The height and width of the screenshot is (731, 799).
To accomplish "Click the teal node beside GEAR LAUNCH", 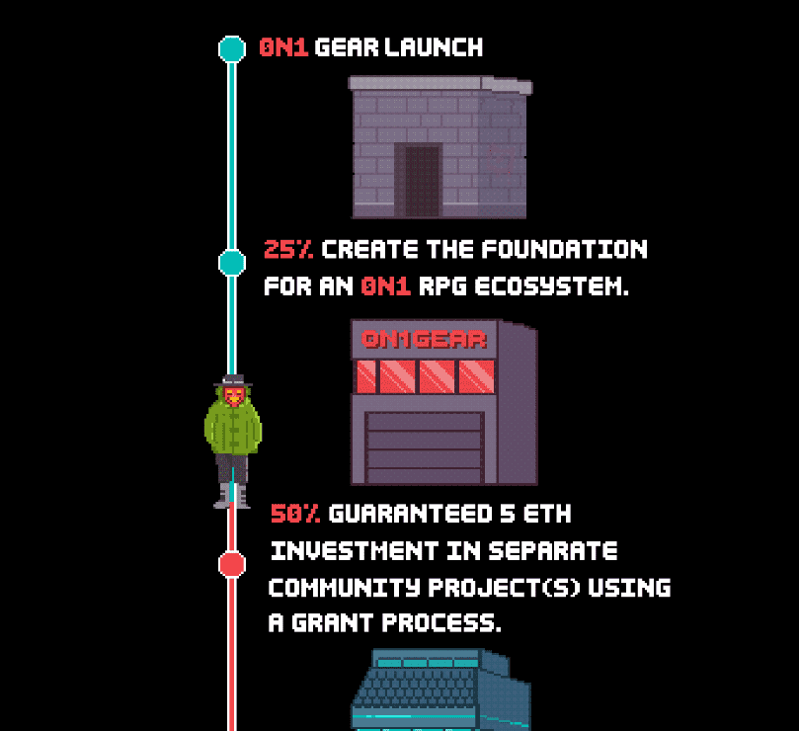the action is [x=232, y=49].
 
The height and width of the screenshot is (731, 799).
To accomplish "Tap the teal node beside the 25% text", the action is [x=232, y=263].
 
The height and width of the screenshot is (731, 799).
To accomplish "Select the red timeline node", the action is [x=232, y=564].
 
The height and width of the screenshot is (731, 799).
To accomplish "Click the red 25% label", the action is [x=288, y=249].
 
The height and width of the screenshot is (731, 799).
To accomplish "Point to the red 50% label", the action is [x=295, y=514].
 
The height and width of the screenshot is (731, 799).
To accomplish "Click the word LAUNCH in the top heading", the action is [x=434, y=47].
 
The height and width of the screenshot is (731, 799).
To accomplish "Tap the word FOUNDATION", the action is [x=565, y=249].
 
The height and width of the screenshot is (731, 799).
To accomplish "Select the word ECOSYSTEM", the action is [x=552, y=285].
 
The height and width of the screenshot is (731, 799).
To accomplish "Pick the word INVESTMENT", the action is [x=355, y=551].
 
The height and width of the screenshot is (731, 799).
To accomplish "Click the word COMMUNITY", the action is [x=345, y=588].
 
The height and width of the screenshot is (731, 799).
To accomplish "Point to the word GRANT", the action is [x=333, y=623].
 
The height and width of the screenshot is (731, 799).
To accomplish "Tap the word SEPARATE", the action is [x=553, y=551].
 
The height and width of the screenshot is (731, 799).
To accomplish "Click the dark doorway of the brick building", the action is [x=422, y=181].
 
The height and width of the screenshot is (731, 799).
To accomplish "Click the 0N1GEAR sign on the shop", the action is [x=424, y=340].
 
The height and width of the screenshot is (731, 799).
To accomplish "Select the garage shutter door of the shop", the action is [x=424, y=447].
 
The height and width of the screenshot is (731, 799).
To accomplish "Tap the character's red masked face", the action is [x=234, y=396].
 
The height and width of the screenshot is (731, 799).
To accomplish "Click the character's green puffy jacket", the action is [x=233, y=427].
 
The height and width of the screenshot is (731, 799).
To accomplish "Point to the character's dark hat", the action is [x=233, y=380].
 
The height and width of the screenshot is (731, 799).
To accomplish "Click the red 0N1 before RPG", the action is [x=386, y=285].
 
